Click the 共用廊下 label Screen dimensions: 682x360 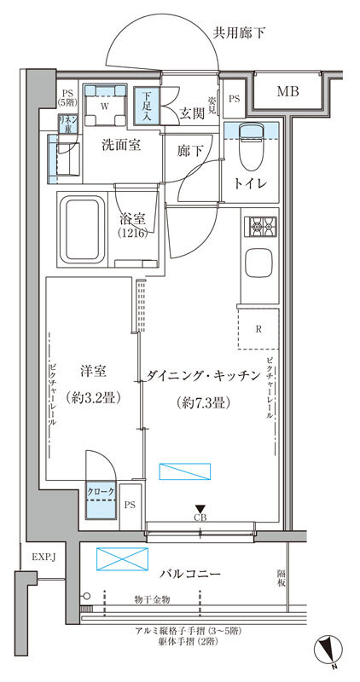239,33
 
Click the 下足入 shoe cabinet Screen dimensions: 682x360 148,107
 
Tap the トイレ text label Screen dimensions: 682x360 251,184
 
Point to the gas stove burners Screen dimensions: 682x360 258,228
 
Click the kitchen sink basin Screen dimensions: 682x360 258,263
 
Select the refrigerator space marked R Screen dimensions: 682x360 258,328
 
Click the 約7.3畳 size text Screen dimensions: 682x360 202,400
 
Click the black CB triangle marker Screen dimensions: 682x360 200,508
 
